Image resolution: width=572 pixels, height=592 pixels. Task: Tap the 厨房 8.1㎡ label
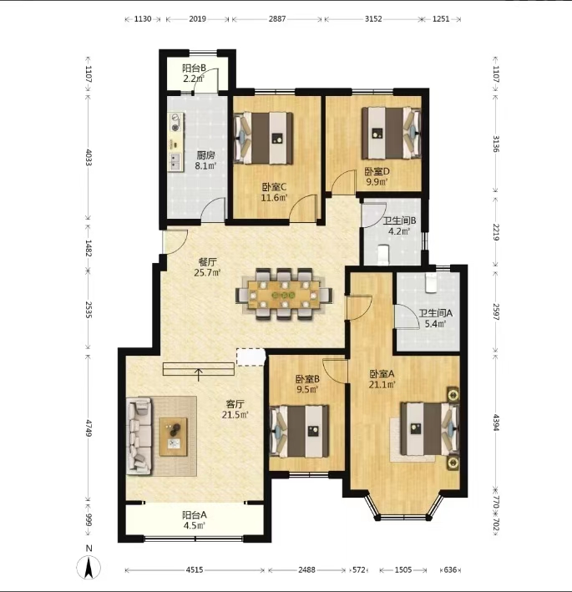click(205, 160)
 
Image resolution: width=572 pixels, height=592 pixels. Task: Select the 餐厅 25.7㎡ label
click(207, 267)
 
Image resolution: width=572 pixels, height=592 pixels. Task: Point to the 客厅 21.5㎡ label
click(235, 409)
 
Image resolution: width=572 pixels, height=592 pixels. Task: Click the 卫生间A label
click(435, 313)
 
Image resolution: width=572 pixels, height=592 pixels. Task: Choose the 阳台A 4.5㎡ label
click(194, 520)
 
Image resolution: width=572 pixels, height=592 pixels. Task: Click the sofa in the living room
click(140, 436)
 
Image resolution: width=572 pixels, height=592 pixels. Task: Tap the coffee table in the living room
click(174, 437)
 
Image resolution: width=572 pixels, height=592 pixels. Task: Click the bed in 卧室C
click(263, 138)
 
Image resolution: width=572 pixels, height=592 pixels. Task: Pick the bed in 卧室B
click(299, 431)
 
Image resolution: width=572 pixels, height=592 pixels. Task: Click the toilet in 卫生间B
click(383, 253)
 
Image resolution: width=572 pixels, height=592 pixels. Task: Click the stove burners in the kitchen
click(175, 123)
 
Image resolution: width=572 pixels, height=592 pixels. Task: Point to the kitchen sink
click(175, 161)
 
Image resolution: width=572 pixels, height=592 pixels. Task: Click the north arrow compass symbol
click(89, 568)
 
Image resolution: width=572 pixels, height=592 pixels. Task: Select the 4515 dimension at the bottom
click(194, 569)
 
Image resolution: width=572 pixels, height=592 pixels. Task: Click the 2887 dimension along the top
click(277, 19)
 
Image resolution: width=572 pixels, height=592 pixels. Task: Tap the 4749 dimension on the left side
click(89, 428)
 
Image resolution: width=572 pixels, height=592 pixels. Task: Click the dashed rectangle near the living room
click(251, 357)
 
